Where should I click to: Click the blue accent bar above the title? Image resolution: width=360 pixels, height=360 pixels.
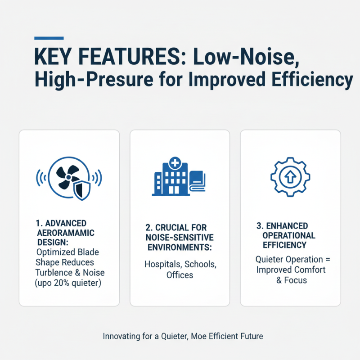pyautogui.click(x=49, y=38)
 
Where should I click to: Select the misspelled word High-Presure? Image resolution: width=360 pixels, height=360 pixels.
pyautogui.click(x=85, y=80)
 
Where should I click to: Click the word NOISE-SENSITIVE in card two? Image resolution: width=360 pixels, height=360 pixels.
pyautogui.click(x=180, y=237)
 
